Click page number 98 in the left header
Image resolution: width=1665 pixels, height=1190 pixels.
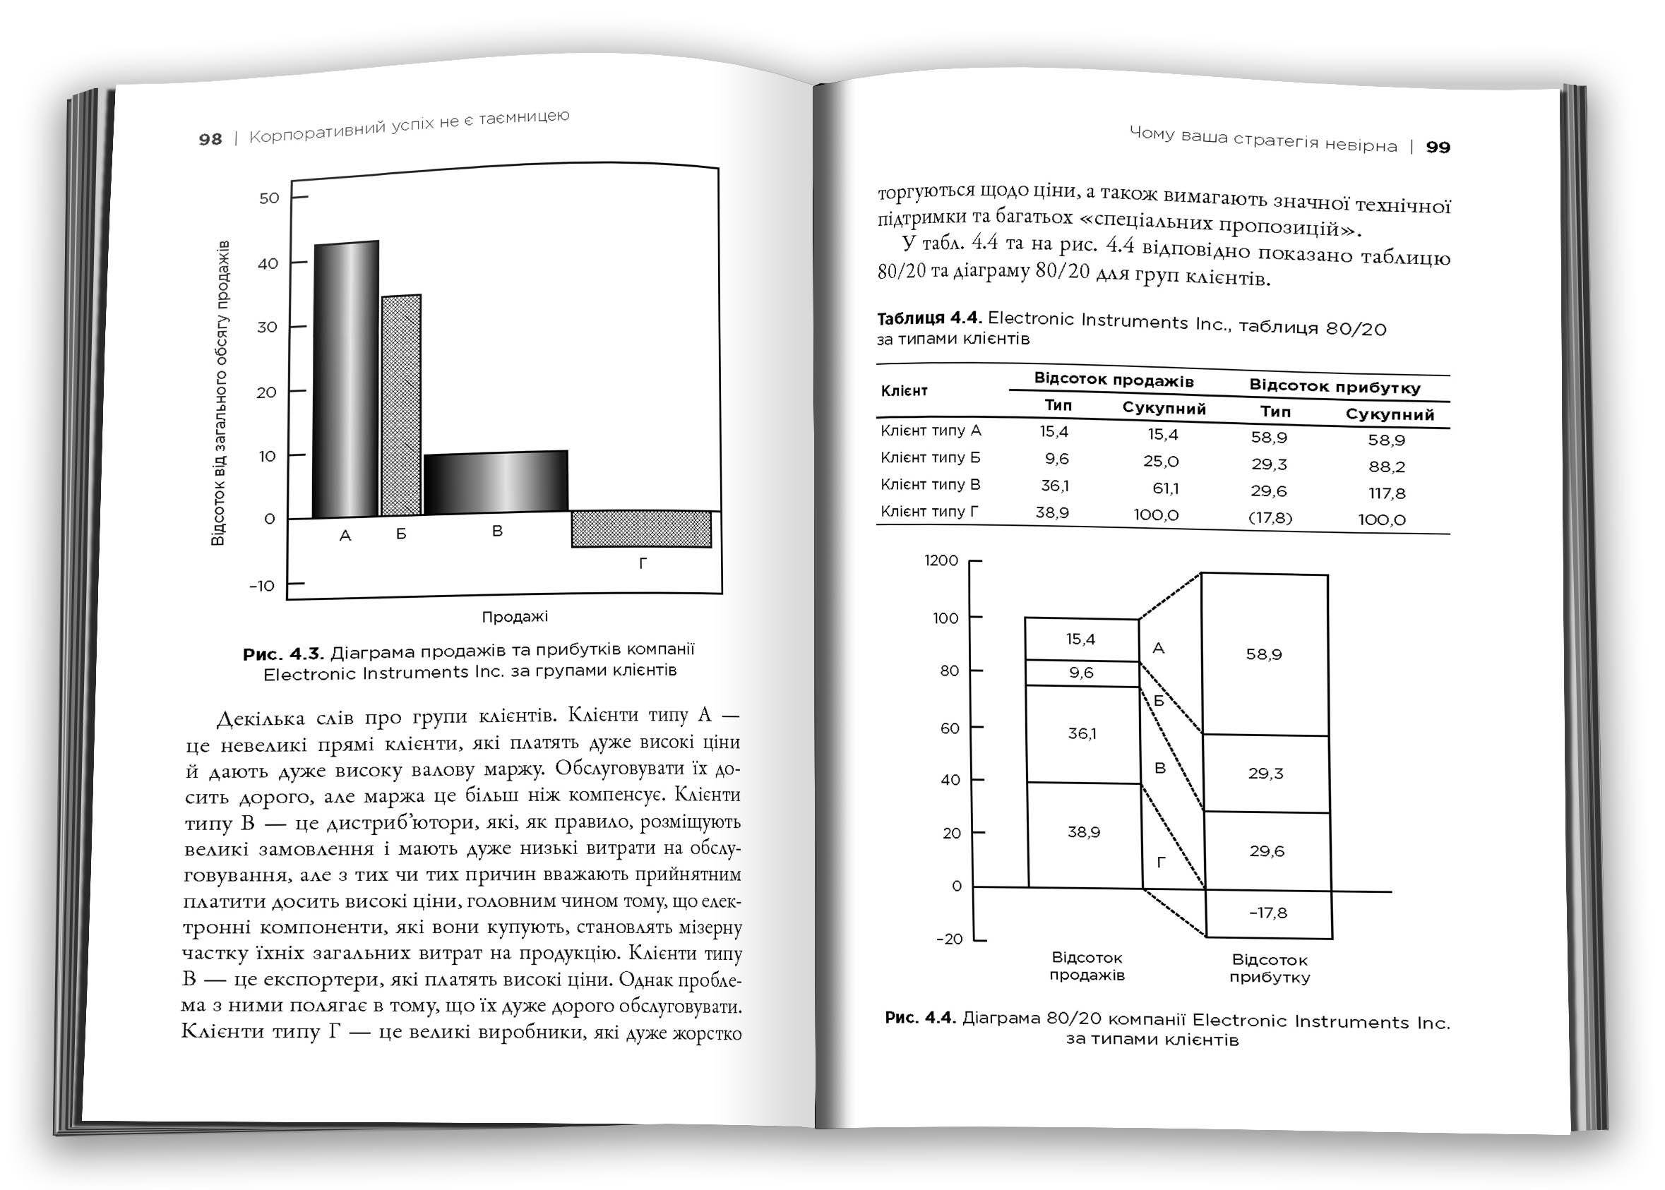(210, 139)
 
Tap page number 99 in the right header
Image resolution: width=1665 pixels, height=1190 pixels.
(1438, 148)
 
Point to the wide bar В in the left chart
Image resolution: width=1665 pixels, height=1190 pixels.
(496, 482)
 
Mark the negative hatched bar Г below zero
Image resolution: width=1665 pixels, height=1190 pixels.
(642, 529)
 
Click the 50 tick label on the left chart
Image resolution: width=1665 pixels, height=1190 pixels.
(269, 198)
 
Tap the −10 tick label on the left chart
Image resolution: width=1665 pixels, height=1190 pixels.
(262, 587)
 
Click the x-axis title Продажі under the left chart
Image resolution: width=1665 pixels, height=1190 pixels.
(514, 617)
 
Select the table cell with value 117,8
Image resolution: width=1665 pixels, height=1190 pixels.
(1386, 494)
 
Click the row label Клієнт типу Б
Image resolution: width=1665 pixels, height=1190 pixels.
(930, 458)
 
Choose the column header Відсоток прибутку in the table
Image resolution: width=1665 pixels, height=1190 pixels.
(1335, 386)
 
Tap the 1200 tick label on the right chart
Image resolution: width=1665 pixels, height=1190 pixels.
(941, 560)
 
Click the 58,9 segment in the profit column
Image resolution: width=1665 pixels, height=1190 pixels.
(1264, 654)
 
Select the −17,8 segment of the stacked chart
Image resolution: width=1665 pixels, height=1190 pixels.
(1267, 913)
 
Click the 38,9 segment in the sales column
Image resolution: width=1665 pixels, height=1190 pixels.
(1084, 832)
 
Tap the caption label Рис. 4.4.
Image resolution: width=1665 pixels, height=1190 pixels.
(920, 1018)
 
